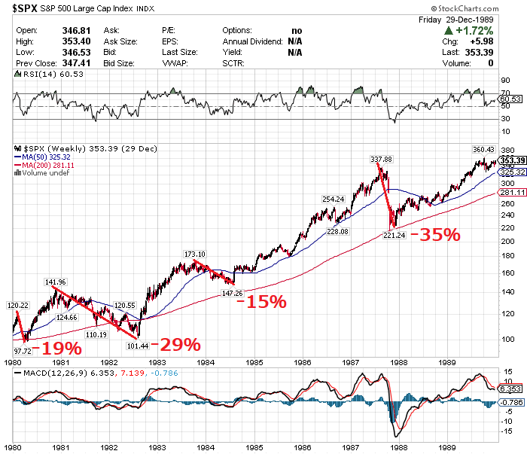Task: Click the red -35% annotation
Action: pos(434,234)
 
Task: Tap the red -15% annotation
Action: pos(261,301)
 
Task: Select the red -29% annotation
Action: pos(175,345)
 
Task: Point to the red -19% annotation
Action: pos(56,349)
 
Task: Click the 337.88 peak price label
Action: pos(382,160)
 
